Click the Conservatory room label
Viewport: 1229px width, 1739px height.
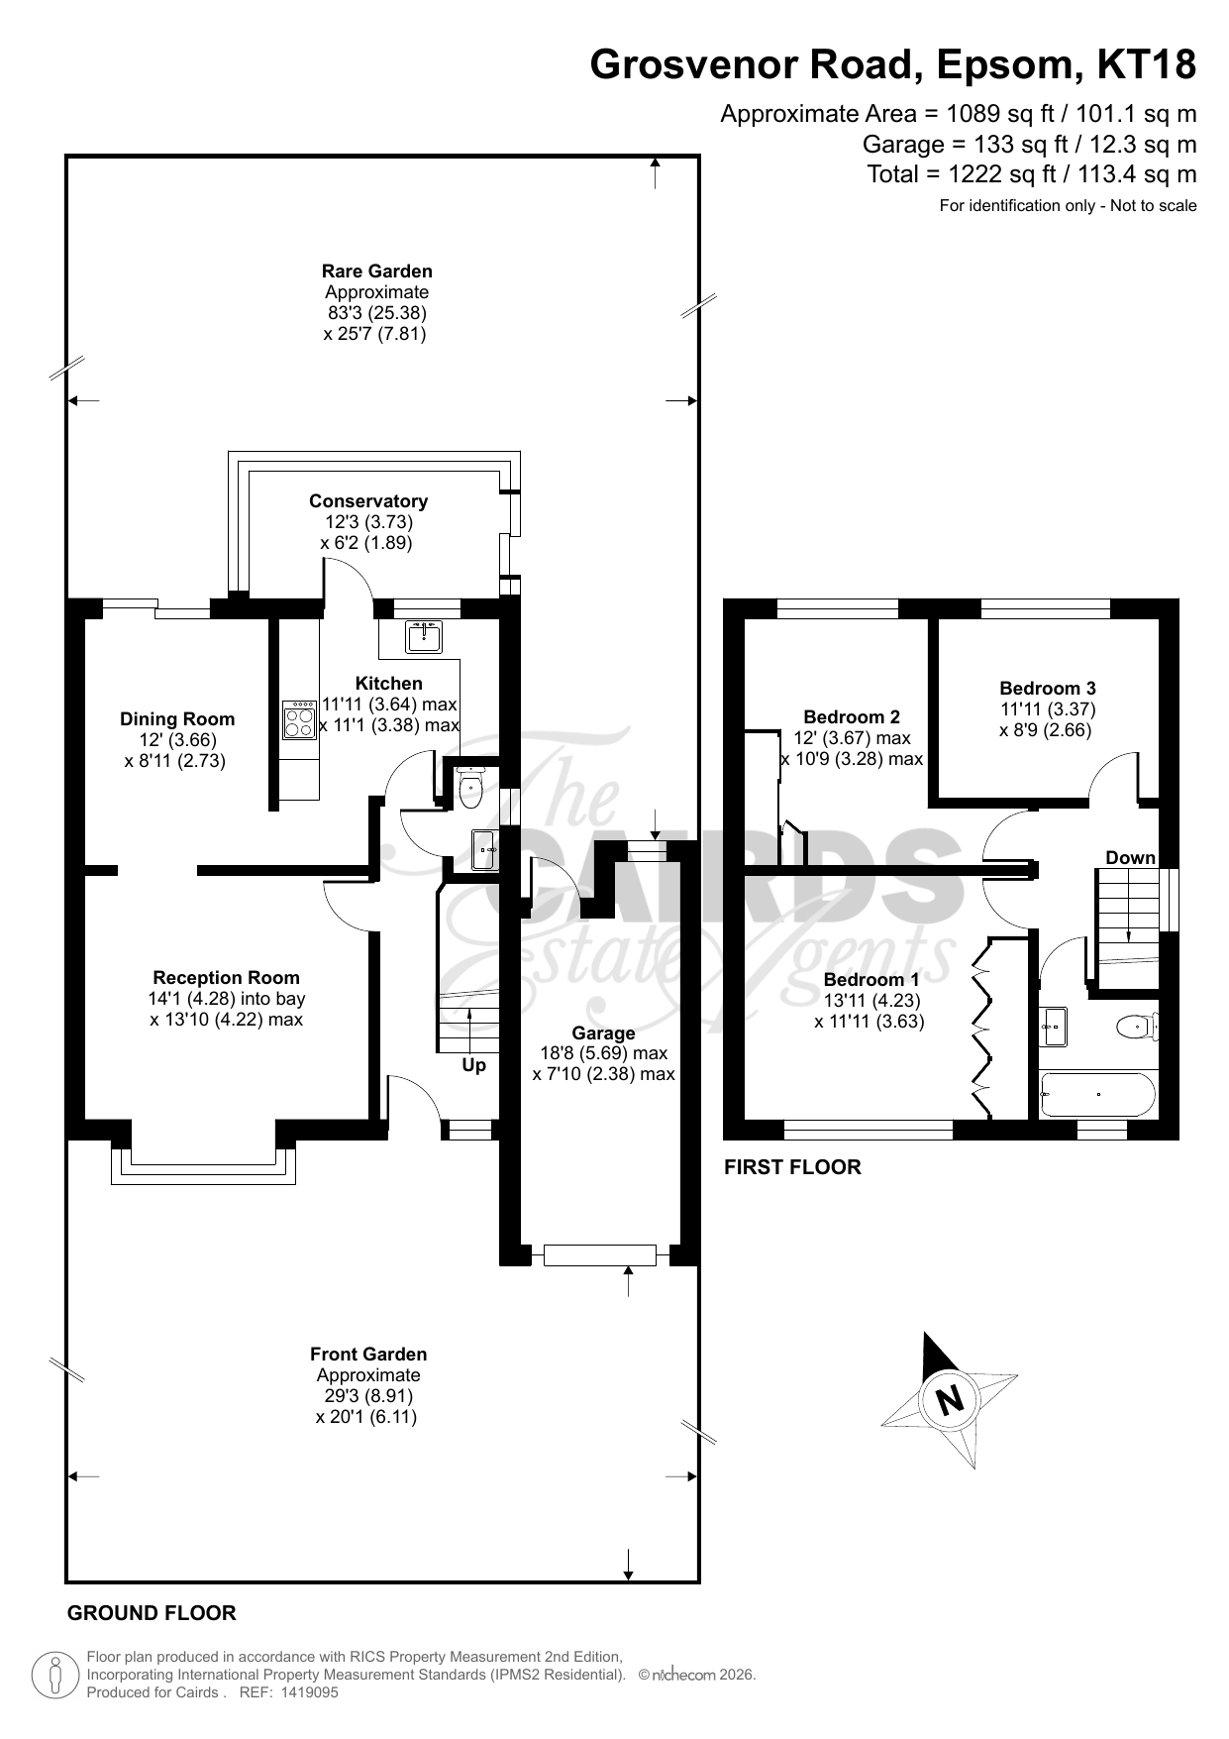[x=368, y=501]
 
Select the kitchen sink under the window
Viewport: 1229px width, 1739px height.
[x=424, y=637]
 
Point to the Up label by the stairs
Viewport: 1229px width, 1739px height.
[x=474, y=1066]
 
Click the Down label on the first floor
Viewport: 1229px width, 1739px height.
[x=1130, y=858]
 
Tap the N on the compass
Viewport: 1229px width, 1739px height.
[x=950, y=1399]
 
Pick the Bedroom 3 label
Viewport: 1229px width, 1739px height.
[x=1048, y=689]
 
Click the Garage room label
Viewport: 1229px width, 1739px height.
[x=603, y=1033]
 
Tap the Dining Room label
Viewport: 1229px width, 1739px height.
[x=177, y=719]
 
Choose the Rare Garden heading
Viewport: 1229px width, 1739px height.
[x=376, y=272]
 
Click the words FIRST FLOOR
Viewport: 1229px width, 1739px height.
[x=793, y=1167]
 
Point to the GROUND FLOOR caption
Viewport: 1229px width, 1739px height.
[x=152, y=1613]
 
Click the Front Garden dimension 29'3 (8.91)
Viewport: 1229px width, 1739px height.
[x=368, y=1396]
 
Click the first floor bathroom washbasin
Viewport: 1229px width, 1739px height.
[x=1054, y=1027]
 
